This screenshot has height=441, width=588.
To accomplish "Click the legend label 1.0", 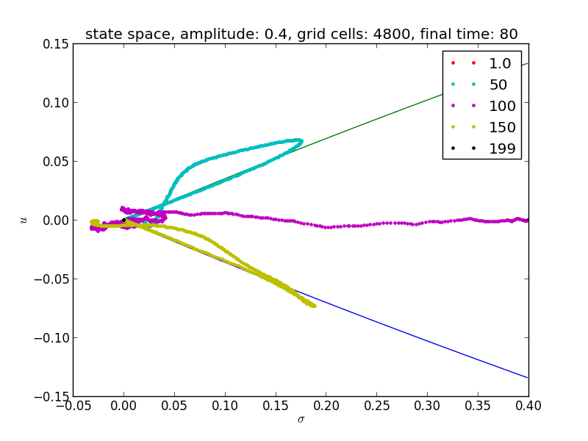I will tap(501, 64).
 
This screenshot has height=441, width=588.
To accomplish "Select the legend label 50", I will tap(498, 85).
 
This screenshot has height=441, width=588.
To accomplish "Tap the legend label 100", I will tap(503, 107).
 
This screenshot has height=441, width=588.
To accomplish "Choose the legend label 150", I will tap(503, 128).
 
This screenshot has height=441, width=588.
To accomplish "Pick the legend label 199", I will tap(503, 149).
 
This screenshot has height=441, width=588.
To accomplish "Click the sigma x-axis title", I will tap(301, 420).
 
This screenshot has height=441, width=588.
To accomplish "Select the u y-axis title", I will tap(24, 220).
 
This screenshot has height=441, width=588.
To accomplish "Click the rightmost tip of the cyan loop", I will tap(301, 140).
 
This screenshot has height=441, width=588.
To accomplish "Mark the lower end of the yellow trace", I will tap(315, 305).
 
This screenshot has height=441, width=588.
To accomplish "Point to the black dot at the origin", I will tap(123, 220).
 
